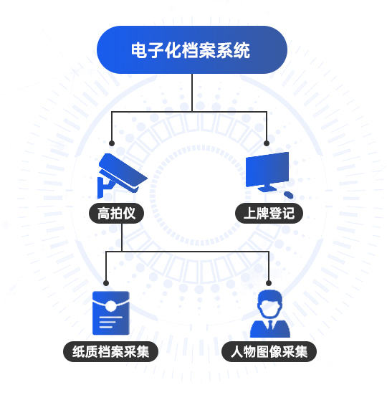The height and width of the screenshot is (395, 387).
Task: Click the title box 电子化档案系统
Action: [192, 50]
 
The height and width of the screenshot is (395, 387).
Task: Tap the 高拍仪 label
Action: [116, 213]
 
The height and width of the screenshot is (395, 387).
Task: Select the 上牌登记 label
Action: [269, 213]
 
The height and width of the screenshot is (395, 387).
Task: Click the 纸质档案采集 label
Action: [111, 352]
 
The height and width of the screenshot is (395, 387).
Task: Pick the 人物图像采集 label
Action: [269, 352]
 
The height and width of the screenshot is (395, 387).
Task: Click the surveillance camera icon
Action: [122, 176]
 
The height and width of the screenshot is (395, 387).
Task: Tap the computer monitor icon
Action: [267, 172]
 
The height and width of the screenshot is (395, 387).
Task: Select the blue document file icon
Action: [111, 313]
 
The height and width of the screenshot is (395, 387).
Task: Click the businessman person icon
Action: [270, 313]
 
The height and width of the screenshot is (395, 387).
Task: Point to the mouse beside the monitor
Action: [289, 195]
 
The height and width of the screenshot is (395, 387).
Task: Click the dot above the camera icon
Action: [112, 143]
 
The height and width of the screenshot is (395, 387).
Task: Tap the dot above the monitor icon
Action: [267, 143]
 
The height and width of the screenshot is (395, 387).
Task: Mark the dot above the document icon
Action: [106, 283]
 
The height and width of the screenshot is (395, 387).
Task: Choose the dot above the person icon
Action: [269, 283]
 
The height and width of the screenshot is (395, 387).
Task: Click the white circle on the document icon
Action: [110, 306]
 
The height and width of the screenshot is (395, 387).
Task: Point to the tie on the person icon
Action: [270, 325]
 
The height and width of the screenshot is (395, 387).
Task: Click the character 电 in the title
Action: [139, 50]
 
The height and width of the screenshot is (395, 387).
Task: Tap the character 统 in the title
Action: [242, 50]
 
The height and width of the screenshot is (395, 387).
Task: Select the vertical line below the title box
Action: [192, 92]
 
